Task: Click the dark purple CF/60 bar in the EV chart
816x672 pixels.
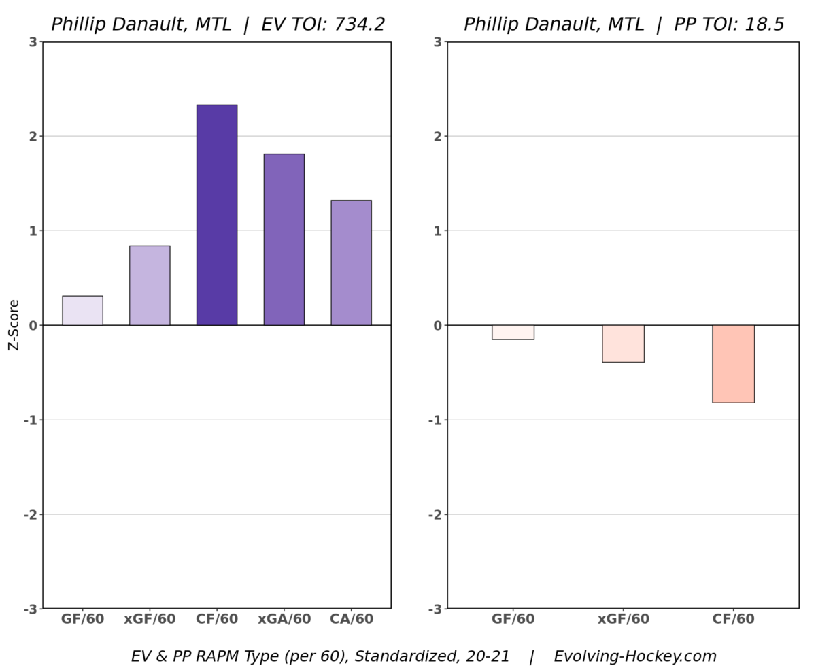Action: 217,215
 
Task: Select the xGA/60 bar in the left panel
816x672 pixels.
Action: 284,239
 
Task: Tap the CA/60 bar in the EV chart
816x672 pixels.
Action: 351,263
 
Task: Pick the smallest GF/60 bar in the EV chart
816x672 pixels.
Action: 82,311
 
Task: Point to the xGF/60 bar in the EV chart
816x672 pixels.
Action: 150,286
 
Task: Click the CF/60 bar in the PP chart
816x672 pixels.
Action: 733,364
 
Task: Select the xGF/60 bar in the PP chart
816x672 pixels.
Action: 623,343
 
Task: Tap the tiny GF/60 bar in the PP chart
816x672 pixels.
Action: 513,333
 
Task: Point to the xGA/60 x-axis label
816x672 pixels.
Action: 284,620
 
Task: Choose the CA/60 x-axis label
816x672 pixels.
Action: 352,620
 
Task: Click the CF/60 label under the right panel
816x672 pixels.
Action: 733,620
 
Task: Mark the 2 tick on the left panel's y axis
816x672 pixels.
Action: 33,136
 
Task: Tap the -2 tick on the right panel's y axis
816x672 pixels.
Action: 435,514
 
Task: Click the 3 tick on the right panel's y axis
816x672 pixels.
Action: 438,42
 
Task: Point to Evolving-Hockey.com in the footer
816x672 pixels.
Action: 635,657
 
